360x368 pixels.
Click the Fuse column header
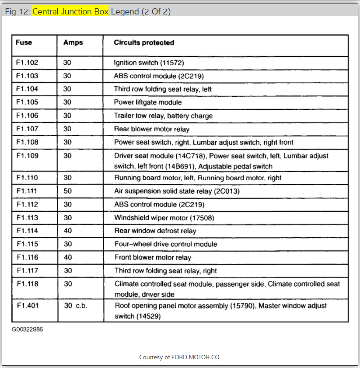pos(24,42)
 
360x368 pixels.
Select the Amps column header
pos(73,42)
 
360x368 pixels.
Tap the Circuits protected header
pos(144,42)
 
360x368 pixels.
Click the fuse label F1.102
pos(27,63)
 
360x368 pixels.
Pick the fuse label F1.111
pos(27,191)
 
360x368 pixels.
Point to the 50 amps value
pos(67,191)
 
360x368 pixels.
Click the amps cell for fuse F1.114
pos(67,231)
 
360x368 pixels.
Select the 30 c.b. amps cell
pos(76,305)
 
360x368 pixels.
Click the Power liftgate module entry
pos(148,102)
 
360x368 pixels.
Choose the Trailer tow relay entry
pos(163,116)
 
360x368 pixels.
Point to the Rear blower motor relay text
pos(152,129)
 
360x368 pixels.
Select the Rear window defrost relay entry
pos(155,231)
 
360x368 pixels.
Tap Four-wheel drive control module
pos(166,244)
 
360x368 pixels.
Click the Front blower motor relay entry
pos(153,257)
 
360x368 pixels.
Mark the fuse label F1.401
pos(27,305)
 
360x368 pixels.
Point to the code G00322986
pos(28,329)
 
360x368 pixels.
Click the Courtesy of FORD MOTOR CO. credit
pos(180,357)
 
